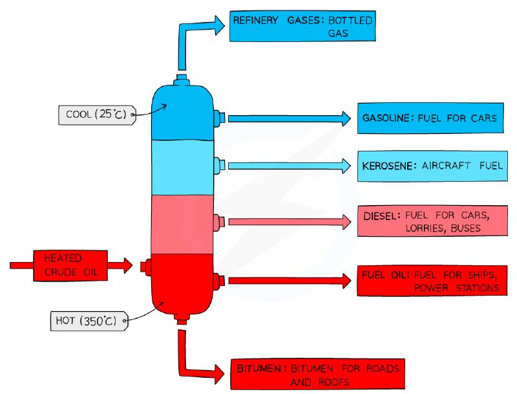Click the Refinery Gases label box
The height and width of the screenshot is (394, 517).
(302, 26)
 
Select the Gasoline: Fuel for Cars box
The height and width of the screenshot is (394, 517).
(430, 118)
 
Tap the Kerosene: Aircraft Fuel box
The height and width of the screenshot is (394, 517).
(432, 166)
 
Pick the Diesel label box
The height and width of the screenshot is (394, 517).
(432, 221)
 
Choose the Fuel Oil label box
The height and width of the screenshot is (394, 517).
(432, 281)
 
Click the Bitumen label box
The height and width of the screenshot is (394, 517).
(318, 374)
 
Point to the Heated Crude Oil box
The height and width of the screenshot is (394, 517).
(70, 266)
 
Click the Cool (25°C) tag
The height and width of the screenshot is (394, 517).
(98, 115)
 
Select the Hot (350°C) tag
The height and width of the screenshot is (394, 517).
(89, 321)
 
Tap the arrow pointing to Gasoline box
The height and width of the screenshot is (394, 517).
(290, 118)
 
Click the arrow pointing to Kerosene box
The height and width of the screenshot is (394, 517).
(290, 166)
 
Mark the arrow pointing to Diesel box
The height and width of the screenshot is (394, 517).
(290, 222)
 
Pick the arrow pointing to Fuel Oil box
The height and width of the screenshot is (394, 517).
(290, 281)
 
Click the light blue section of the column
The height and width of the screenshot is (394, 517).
(182, 168)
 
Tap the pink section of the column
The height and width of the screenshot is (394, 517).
(182, 224)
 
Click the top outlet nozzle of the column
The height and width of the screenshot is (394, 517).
(182, 80)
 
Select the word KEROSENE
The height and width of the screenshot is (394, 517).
(387, 166)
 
